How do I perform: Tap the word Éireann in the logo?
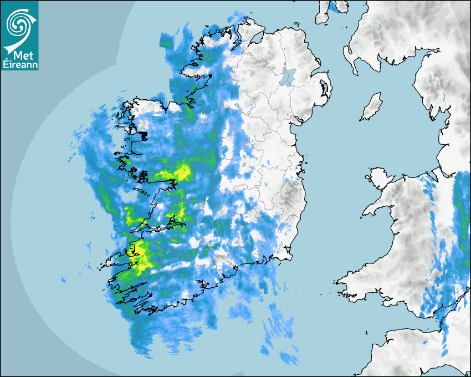pyautogui.click(x=19, y=65)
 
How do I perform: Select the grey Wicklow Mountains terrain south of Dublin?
pyautogui.click(x=289, y=194)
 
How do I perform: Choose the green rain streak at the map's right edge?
pyautogui.click(x=461, y=205)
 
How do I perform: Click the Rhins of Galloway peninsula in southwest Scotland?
pyautogui.click(x=347, y=55)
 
